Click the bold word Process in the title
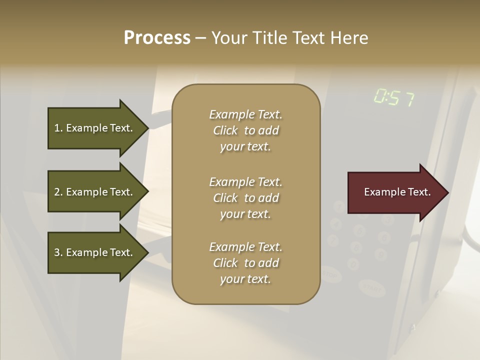[x=157, y=38]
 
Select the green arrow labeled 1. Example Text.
[x=95, y=128]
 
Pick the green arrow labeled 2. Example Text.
[x=95, y=192]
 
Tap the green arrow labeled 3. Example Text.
[x=95, y=252]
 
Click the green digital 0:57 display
[x=394, y=98]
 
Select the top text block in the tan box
[x=245, y=130]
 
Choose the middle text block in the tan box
[x=245, y=198]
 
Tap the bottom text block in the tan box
[x=245, y=263]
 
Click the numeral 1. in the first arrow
[x=58, y=128]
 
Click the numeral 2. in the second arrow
[x=58, y=192]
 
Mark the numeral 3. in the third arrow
[x=58, y=252]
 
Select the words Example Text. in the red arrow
[x=397, y=192]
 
